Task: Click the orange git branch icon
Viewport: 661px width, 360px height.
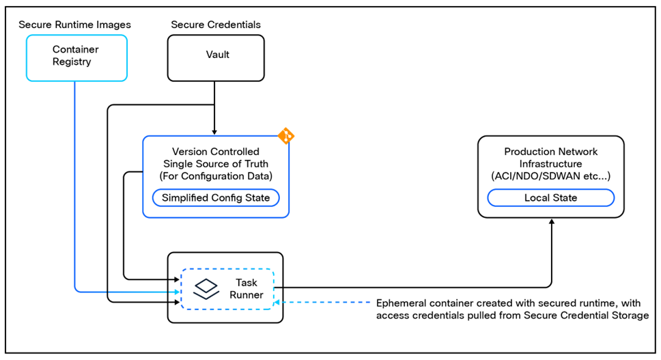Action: click(286, 135)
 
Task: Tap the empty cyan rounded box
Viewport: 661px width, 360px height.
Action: click(76, 58)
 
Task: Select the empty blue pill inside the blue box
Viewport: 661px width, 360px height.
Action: click(215, 197)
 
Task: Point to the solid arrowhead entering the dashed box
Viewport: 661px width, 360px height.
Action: click(177, 292)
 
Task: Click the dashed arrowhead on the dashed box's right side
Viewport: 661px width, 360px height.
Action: click(277, 301)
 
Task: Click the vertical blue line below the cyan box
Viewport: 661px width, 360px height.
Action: click(74, 178)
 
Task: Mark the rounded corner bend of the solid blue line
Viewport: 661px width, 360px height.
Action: click(76, 290)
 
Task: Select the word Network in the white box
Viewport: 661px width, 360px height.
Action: click(578, 152)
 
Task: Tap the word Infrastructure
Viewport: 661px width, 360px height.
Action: click(550, 164)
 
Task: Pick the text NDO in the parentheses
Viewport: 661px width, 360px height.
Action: click(527, 176)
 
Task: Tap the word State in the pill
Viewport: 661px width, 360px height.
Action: click(565, 198)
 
